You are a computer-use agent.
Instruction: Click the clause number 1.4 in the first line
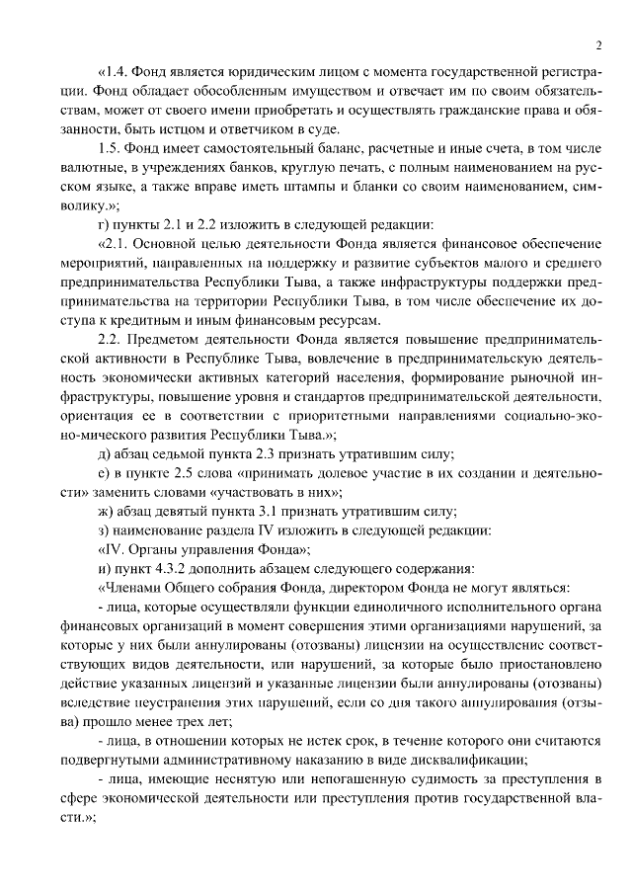[118, 74]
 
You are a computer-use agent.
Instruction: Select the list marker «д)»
[104, 453]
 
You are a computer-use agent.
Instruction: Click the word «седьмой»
[179, 453]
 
